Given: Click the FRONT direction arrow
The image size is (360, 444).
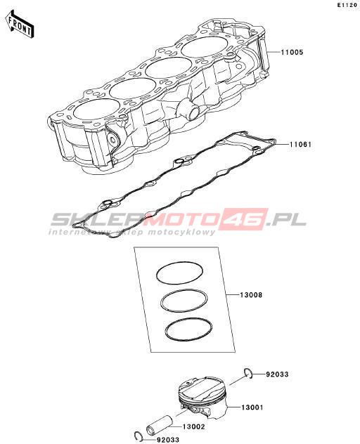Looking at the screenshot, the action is coord(19,25).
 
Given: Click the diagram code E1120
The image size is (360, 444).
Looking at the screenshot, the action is coord(347,5).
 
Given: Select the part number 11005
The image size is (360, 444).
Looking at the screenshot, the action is coord(292,52).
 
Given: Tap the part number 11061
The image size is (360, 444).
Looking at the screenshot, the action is coord(300,145).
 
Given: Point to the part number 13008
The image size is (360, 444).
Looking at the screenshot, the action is coord(251,295).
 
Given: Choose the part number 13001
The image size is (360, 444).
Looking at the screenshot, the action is coord(252,407).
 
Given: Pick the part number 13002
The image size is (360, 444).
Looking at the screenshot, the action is coord(193,426).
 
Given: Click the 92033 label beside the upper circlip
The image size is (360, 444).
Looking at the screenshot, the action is coord(277,374).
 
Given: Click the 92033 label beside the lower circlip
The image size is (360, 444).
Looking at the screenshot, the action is coord(168,440).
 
